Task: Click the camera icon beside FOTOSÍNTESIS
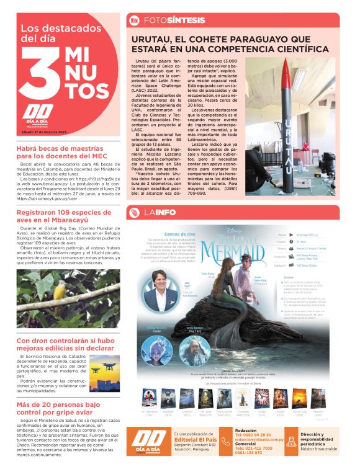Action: [134, 20]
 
